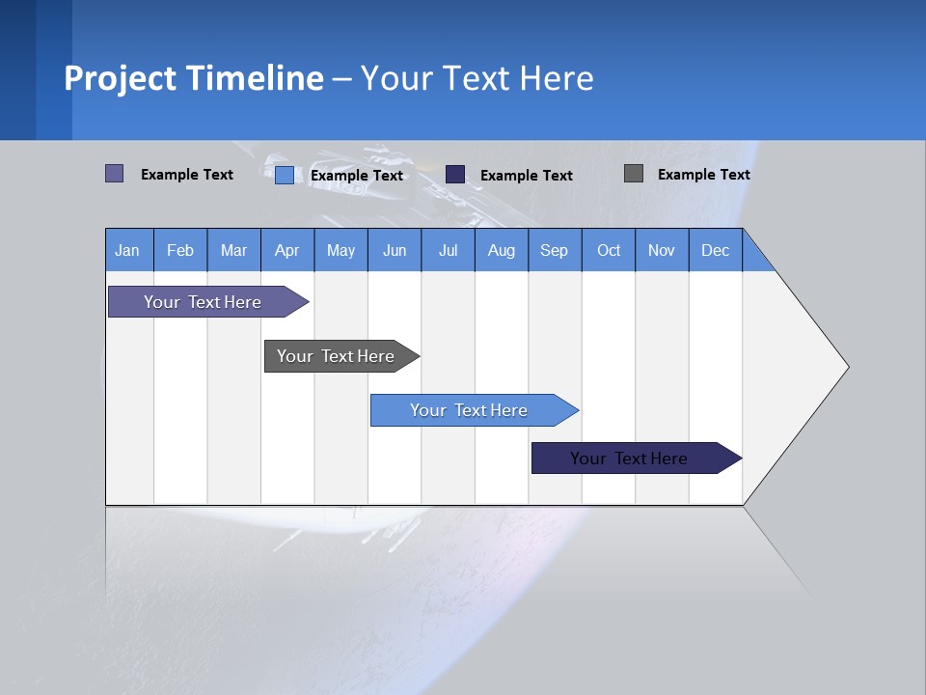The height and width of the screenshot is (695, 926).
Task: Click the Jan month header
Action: tap(127, 250)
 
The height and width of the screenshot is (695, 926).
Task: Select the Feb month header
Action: tap(180, 250)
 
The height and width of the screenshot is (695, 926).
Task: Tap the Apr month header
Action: tap(286, 250)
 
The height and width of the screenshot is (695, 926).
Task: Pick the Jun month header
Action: tap(395, 250)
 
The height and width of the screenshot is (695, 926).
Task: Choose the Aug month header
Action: tap(501, 250)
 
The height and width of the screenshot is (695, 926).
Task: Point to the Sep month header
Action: tap(554, 250)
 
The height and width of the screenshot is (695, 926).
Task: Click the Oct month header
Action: tap(609, 250)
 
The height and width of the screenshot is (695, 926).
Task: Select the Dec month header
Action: tap(715, 250)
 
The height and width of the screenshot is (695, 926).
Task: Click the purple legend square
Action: tap(115, 174)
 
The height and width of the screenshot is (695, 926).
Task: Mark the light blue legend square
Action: tap(285, 175)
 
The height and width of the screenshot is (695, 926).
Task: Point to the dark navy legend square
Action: tap(455, 174)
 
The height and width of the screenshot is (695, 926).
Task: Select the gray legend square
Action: tap(634, 174)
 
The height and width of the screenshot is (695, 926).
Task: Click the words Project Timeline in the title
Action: tap(194, 78)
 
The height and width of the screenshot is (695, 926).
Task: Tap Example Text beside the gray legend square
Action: tap(703, 174)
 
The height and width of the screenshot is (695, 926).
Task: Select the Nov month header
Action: tap(662, 250)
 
